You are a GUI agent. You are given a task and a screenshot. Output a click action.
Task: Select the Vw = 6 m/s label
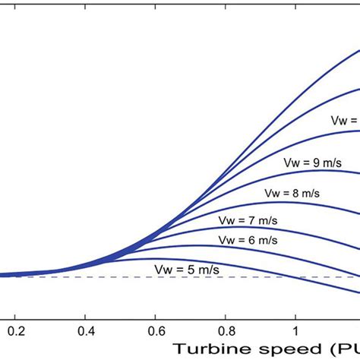tap(245, 239)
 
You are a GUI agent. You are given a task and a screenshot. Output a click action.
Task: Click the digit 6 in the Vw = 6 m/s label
tap(249, 239)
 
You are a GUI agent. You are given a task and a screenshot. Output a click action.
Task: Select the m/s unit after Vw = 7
tap(268, 220)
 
